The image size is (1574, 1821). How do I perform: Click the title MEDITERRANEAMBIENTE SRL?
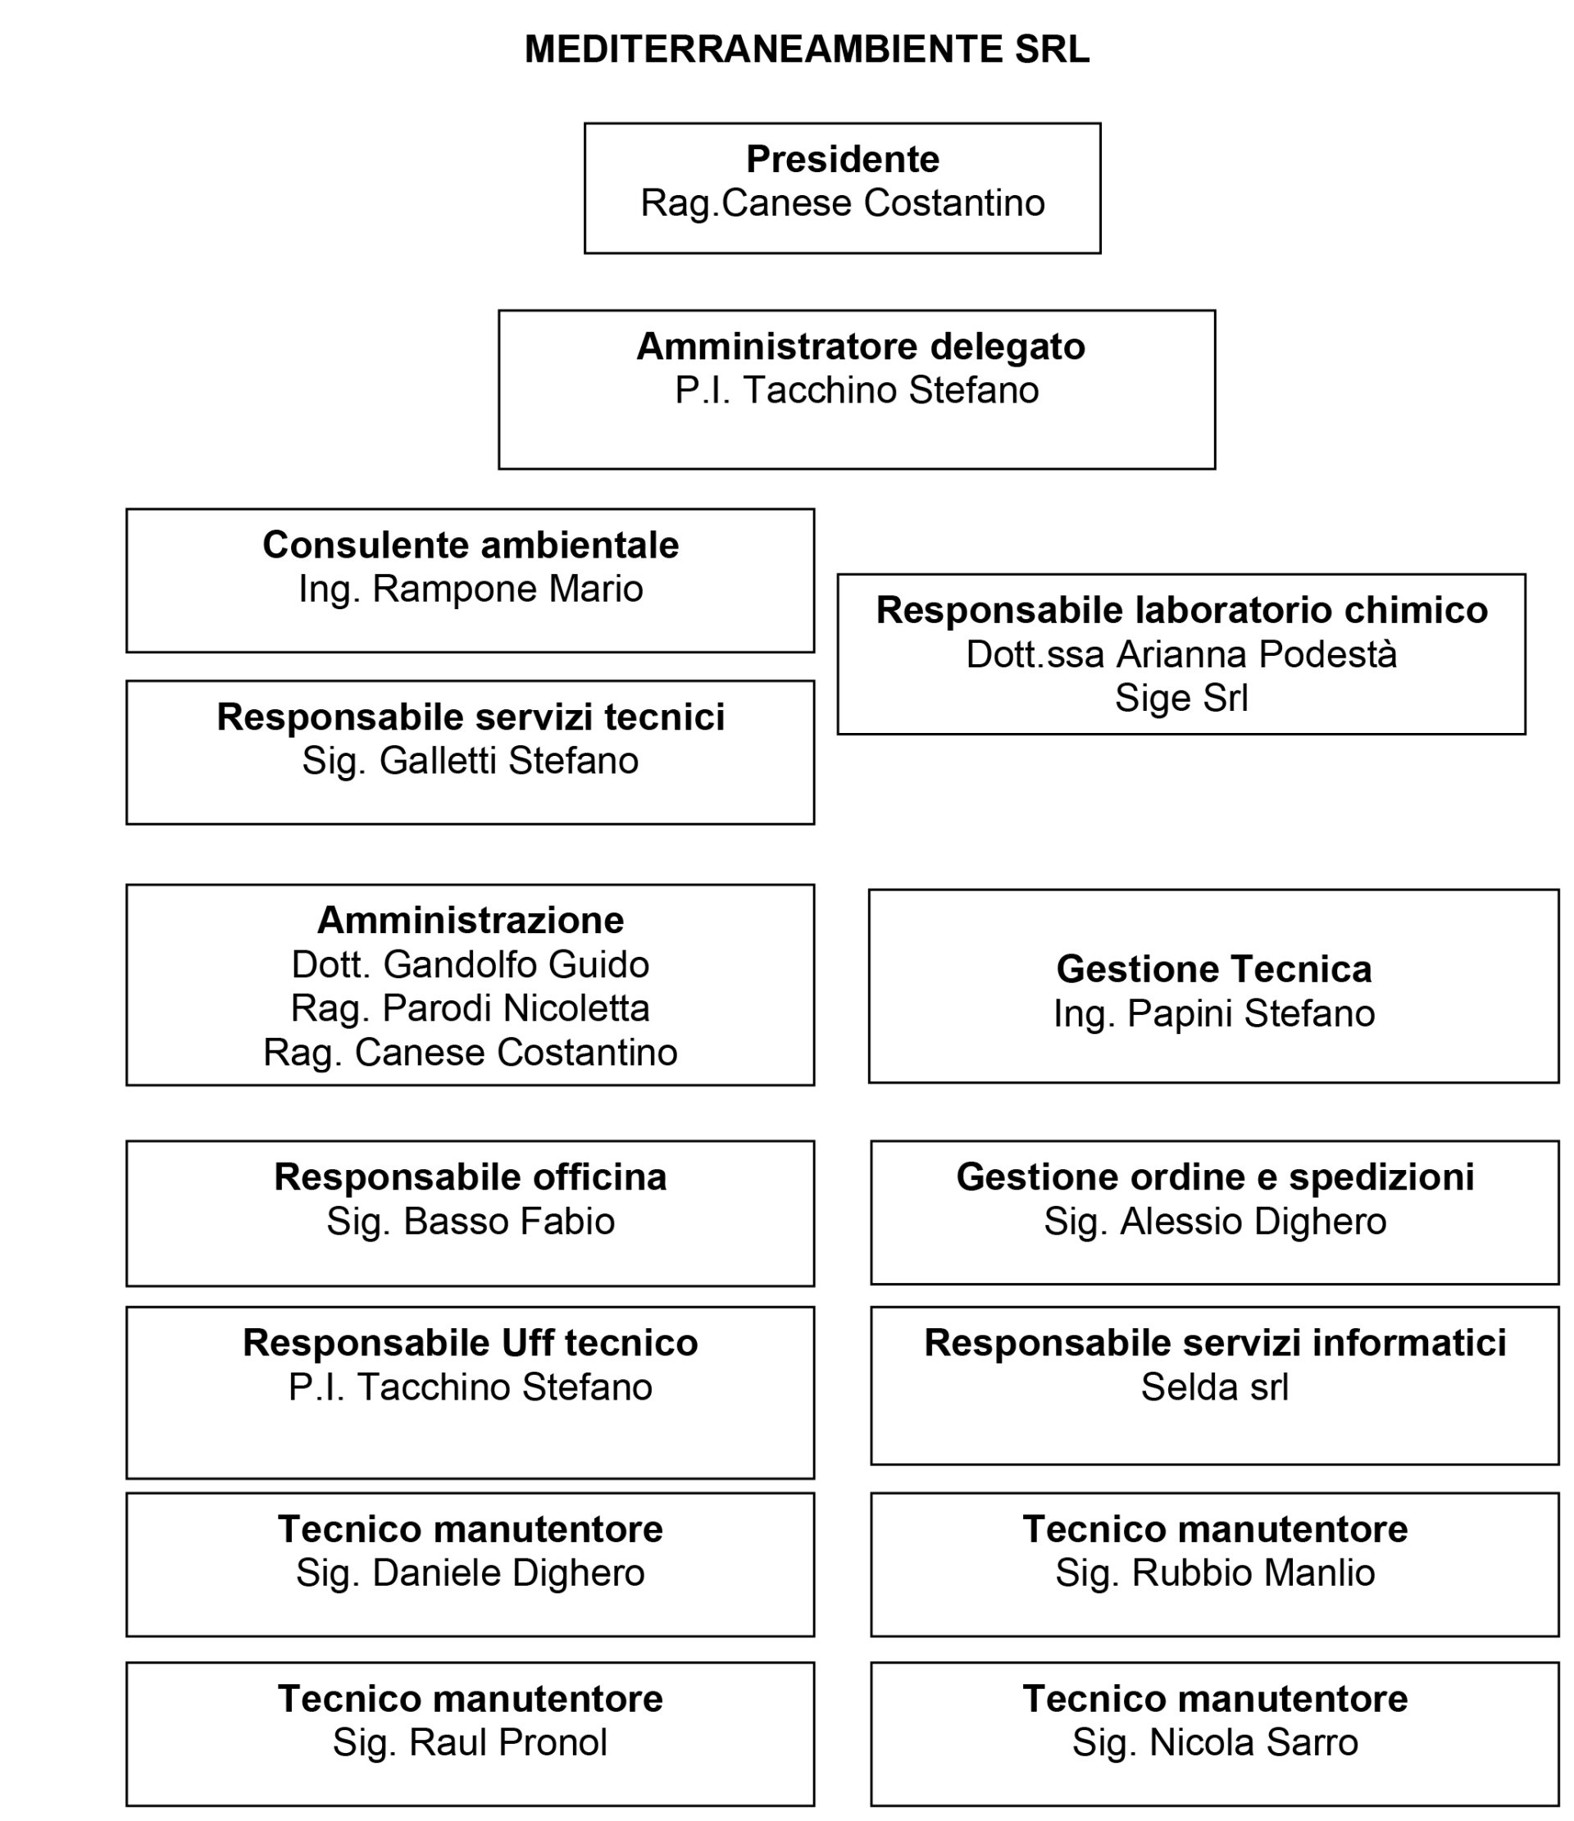pos(806,49)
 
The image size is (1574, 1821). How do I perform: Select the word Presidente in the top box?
pos(842,160)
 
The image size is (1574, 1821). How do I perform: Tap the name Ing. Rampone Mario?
pos(471,589)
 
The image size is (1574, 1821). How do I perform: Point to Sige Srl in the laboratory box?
pos(1180,698)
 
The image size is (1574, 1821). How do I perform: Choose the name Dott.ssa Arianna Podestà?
pos(1180,655)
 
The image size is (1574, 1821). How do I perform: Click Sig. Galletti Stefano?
pos(471,761)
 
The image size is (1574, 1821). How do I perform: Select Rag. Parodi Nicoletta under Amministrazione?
pos(471,1008)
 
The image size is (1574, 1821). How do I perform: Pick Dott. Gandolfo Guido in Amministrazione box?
pos(471,965)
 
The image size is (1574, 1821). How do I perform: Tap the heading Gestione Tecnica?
pos(1212,969)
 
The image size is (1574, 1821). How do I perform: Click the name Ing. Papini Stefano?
pos(1212,1014)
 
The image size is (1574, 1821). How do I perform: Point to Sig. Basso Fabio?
pos(471,1222)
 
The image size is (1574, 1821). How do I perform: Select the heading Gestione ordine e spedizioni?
pos(1215,1177)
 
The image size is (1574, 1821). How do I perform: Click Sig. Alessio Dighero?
pos(1215,1222)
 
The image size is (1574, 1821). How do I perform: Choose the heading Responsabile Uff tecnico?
pos(471,1343)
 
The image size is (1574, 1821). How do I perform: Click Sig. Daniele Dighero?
pos(471,1573)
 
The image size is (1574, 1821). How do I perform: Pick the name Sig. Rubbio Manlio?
pos(1215,1573)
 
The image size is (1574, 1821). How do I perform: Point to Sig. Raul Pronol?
pos(471,1743)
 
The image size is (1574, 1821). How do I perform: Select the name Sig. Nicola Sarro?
pos(1215,1743)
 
